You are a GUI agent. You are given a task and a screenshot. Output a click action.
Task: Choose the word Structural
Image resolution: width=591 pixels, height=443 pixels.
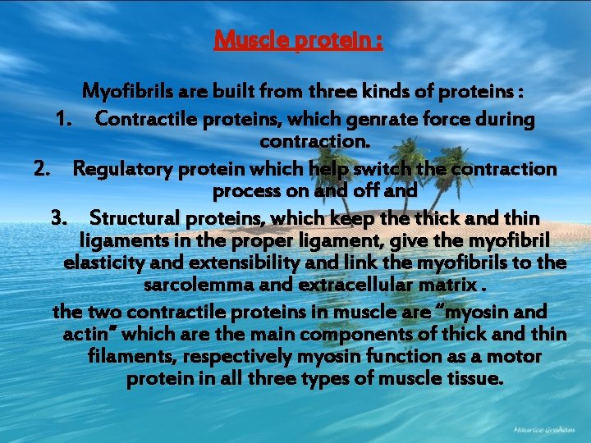(x=133, y=218)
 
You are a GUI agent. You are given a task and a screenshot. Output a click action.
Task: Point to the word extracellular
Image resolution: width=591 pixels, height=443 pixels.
(x=364, y=286)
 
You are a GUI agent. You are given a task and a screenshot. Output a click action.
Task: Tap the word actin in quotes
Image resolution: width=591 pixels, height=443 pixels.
(x=85, y=334)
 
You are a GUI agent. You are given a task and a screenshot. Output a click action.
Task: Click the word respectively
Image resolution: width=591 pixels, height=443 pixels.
(x=238, y=357)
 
